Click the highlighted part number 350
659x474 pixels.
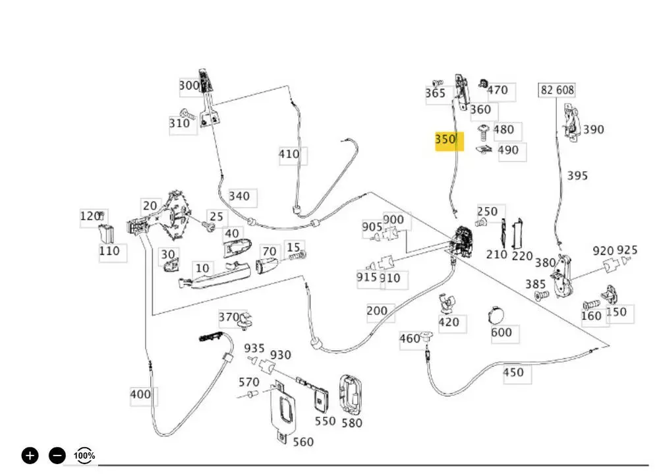click(445, 140)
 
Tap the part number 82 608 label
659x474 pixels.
click(557, 90)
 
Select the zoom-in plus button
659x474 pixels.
click(30, 455)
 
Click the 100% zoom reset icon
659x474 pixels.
click(84, 455)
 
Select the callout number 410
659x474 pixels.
click(289, 155)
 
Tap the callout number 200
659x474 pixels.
click(377, 311)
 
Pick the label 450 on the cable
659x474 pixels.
click(513, 372)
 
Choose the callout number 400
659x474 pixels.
click(140, 395)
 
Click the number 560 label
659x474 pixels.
click(302, 442)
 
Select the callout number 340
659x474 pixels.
click(239, 196)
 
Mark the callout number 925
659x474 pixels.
click(627, 251)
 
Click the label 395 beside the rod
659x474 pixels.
click(577, 176)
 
